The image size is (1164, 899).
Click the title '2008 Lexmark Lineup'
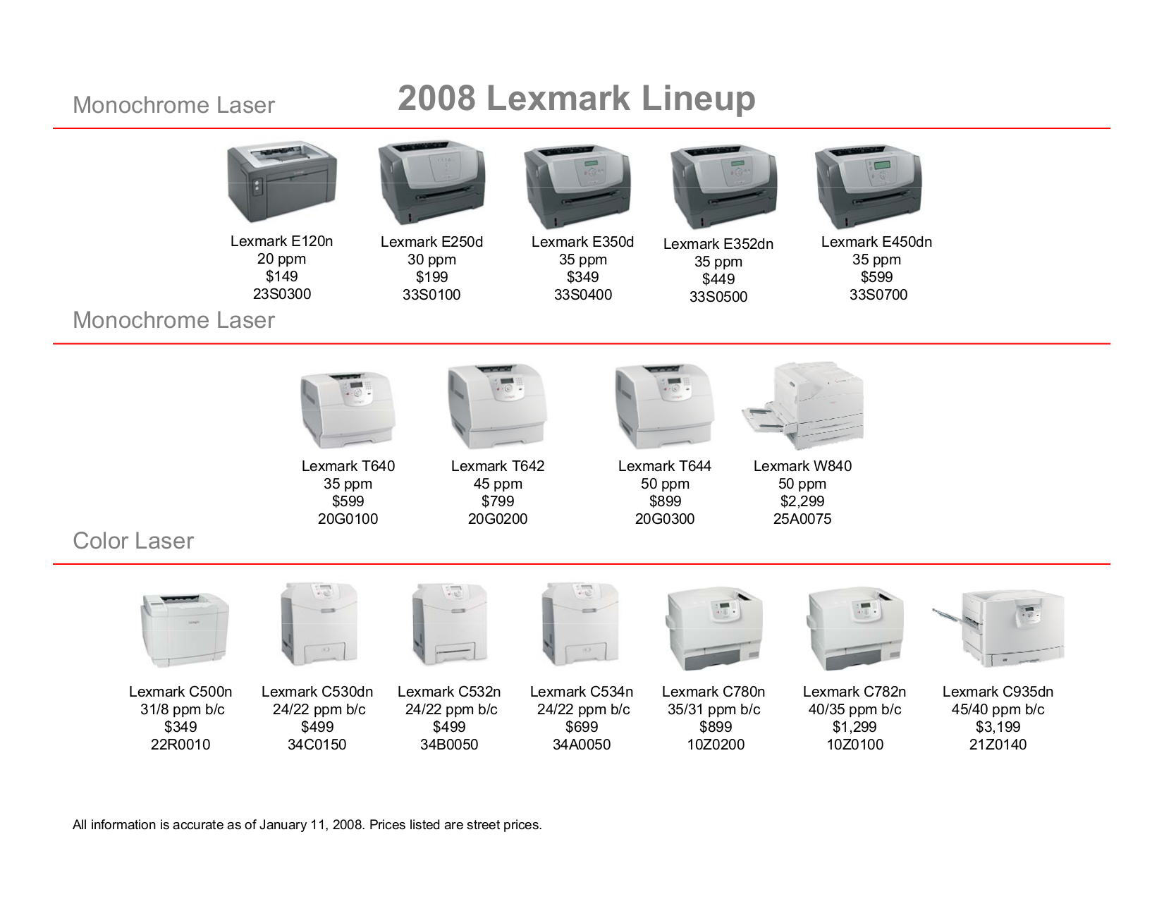click(576, 99)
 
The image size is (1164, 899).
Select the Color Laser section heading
click(133, 541)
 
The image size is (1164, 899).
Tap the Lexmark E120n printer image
click(282, 181)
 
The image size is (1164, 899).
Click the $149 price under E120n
click(281, 276)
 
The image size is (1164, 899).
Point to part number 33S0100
click(431, 295)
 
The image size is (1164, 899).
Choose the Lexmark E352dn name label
click(718, 244)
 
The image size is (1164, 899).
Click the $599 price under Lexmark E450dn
click(876, 277)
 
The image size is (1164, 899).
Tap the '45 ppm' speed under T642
click(498, 484)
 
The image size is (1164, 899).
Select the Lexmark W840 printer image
click(804, 407)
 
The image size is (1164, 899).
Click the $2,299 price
click(802, 501)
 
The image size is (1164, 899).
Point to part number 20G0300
click(664, 519)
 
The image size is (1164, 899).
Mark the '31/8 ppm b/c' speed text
click(182, 709)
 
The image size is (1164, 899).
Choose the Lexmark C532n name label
click(449, 692)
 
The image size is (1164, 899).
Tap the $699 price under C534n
click(582, 727)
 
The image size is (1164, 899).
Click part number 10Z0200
click(716, 745)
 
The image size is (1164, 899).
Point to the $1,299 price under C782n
click(854, 727)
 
